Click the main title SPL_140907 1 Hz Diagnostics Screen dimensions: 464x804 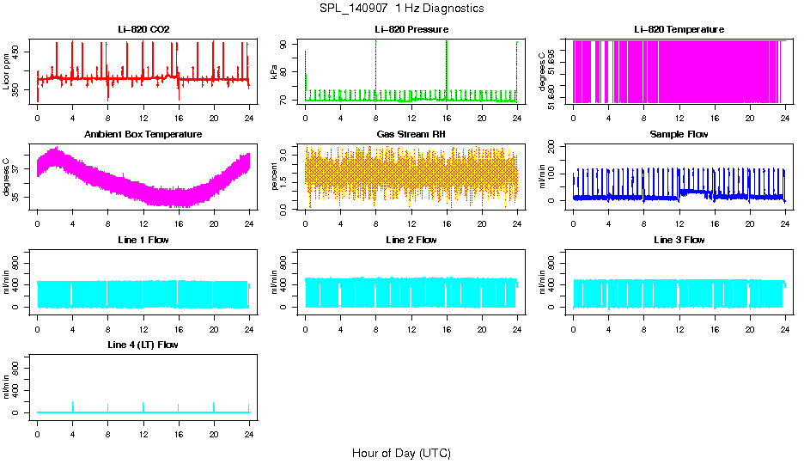coord(401,9)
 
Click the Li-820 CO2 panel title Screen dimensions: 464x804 coord(143,30)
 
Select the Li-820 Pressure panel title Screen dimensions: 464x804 coord(411,30)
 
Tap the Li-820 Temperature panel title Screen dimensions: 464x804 coord(679,30)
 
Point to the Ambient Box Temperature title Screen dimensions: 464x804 coord(143,135)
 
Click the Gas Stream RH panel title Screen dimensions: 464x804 coord(411,135)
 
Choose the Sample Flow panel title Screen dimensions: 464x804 coord(679,135)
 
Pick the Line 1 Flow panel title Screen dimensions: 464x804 coord(143,240)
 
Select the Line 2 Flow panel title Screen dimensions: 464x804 coord(411,240)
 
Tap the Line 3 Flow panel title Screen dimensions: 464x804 coord(679,240)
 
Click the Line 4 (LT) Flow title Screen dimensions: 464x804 coord(143,345)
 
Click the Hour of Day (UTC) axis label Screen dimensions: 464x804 coord(401,453)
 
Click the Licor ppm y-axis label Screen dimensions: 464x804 coord(7,72)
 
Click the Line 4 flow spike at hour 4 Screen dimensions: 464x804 coord(73,406)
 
